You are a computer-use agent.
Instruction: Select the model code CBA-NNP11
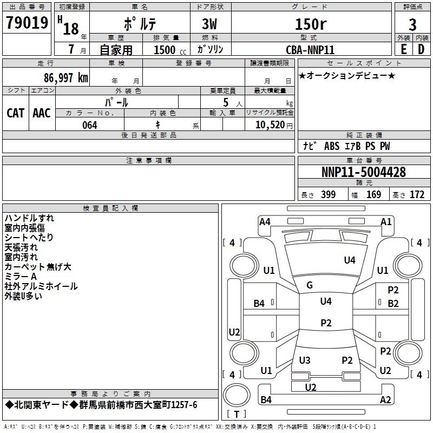pos(310,49)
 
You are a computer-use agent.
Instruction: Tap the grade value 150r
pos(310,24)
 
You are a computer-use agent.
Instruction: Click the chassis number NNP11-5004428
pos(363,173)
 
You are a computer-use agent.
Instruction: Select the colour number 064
pos(90,125)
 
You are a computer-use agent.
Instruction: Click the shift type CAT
pos(15,113)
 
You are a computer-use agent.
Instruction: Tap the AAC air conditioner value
pos(41,113)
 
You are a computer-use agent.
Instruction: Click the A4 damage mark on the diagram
pos(265,221)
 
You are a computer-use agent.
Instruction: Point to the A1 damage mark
pos(386,221)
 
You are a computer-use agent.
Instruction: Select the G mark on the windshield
pos(310,285)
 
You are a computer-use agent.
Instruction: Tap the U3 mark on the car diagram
pos(305,360)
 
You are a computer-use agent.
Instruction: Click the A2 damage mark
pos(385,400)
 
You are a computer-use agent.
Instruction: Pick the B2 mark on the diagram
pos(393,303)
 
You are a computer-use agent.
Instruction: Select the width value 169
pos(374,195)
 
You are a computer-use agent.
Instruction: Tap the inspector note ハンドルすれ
pos(29,218)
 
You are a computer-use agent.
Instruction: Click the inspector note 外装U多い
pos(23,296)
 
